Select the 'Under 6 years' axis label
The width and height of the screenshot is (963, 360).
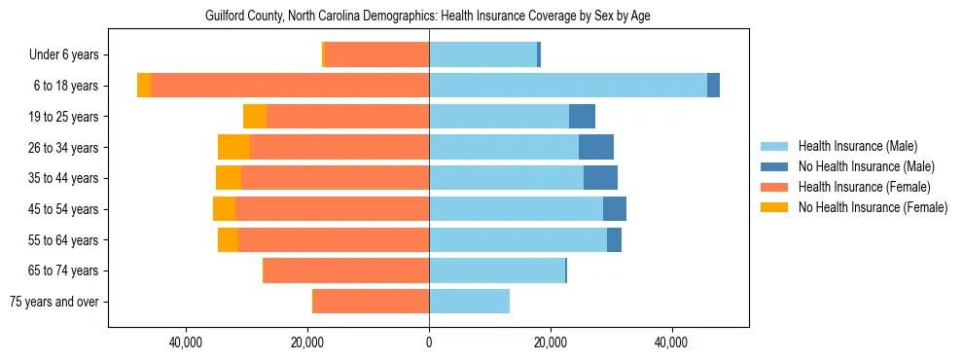69,55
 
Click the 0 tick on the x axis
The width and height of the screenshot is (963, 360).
429,342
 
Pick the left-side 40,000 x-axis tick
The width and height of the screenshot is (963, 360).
185,342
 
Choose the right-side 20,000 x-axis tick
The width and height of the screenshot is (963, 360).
551,342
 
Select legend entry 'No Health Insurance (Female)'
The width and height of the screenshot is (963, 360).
873,207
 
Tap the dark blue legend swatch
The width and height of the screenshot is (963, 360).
775,166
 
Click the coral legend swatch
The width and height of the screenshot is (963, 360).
775,187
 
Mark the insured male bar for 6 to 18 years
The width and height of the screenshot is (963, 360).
568,86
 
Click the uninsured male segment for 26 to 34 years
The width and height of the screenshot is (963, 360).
596,147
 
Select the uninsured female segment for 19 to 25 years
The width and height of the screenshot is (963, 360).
255,117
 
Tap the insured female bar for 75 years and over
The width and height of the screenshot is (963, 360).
371,302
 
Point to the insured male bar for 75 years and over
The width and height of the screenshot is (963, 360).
469,302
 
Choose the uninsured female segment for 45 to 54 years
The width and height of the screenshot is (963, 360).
224,209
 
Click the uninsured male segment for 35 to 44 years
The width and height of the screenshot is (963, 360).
600,178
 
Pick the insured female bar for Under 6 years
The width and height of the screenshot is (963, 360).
376,55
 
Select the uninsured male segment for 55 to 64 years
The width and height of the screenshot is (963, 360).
614,240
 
